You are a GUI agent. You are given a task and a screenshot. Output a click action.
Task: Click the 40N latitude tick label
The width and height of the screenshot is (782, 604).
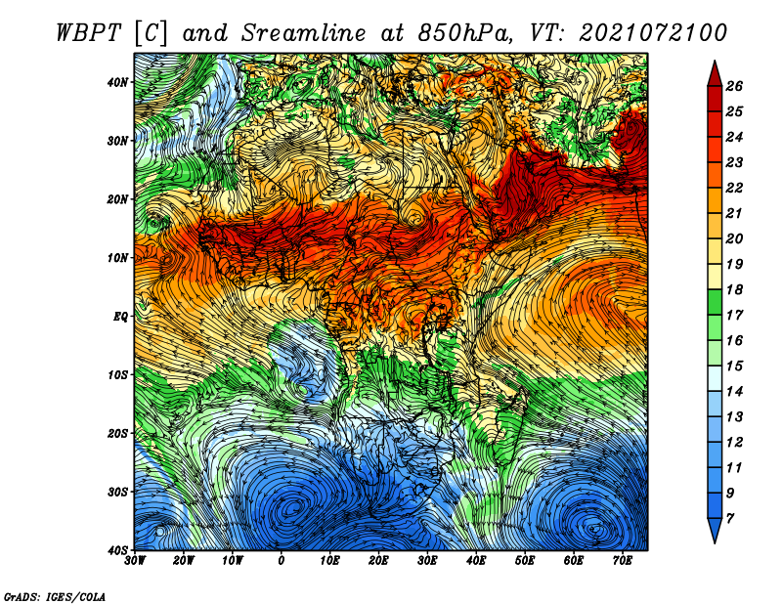117,82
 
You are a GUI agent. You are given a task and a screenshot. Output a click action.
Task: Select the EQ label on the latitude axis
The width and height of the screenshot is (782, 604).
120,317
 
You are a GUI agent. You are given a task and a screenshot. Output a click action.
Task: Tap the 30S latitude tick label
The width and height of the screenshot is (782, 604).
117,492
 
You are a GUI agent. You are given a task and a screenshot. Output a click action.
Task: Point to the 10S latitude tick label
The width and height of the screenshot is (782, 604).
117,374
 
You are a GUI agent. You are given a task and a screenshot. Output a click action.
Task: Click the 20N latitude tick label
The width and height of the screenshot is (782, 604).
117,199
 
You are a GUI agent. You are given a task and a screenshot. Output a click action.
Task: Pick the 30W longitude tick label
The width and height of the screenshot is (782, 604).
135,561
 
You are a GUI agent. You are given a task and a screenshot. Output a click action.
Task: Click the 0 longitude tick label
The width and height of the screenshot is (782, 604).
281,561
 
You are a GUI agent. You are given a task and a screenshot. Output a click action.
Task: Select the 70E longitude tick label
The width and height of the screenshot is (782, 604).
622,561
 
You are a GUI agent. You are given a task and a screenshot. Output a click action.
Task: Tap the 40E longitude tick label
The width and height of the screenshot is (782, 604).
476,561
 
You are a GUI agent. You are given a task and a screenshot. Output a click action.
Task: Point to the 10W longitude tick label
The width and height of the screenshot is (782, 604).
233,561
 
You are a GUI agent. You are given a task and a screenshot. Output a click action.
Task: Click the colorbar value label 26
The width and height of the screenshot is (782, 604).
734,86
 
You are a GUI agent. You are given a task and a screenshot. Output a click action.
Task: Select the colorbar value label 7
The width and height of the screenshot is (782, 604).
729,519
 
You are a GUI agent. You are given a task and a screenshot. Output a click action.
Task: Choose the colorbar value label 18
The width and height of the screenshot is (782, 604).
734,289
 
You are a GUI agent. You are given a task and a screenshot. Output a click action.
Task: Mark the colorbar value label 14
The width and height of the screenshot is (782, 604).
734,392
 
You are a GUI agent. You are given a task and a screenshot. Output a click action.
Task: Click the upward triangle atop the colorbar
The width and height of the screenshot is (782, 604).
715,73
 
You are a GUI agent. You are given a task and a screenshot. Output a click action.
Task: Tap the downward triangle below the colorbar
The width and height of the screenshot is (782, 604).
715,531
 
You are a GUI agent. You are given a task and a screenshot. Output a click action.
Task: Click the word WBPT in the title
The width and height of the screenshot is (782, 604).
88,33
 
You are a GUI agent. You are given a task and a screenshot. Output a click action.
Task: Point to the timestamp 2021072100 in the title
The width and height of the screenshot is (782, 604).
652,33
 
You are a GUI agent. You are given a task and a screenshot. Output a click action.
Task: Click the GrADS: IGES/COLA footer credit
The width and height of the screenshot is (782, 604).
55,596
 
